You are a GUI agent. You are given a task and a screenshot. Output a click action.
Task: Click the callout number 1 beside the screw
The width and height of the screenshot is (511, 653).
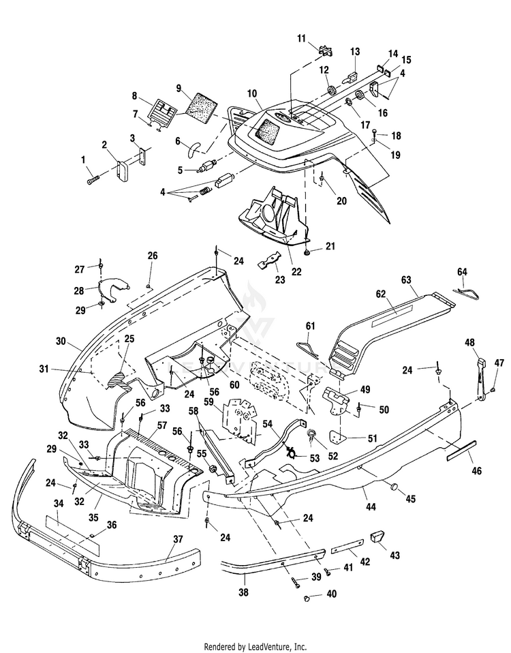83,160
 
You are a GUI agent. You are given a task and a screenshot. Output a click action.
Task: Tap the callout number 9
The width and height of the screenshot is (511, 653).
179,89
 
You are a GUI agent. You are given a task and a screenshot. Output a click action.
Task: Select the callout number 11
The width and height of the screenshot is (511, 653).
301,39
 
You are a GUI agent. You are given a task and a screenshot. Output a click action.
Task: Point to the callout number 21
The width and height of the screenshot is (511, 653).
330,247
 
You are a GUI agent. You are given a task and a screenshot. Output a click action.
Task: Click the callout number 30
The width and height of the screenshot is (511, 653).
61,341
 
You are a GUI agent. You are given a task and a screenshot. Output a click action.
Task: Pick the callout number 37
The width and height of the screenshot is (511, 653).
178,539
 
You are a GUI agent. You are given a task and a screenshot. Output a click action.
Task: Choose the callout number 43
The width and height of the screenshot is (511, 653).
394,556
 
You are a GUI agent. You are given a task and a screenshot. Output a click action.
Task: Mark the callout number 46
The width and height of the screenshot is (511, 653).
476,470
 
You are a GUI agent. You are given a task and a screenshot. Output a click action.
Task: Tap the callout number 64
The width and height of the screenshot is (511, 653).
463,272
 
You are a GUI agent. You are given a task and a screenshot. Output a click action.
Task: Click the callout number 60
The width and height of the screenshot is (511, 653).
234,384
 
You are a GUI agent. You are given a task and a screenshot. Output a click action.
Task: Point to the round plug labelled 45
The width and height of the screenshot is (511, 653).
393,487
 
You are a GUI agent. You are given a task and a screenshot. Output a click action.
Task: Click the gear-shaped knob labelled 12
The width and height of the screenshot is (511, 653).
332,90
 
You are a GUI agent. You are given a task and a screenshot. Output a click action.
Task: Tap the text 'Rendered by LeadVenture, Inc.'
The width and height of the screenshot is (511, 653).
255,647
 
